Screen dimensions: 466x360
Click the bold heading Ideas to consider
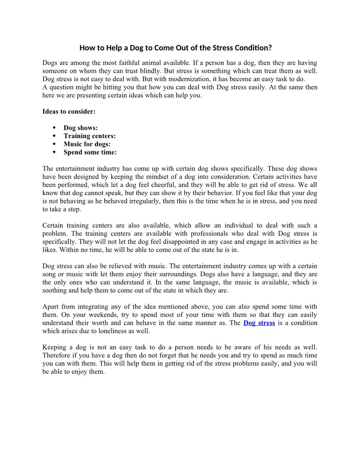[x=69, y=112]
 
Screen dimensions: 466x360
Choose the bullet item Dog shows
[x=81, y=128]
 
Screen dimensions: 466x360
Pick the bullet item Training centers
[x=90, y=136]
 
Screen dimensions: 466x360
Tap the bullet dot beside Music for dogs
[x=54, y=144]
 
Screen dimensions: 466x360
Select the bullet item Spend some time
[x=90, y=152]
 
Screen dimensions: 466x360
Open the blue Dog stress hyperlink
[x=259, y=323]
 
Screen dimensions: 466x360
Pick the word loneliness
[x=120, y=331]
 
